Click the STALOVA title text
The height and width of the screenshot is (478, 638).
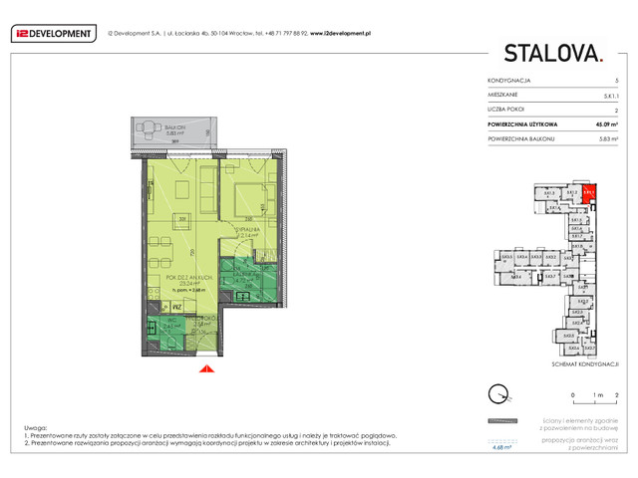pyautogui.click(x=552, y=54)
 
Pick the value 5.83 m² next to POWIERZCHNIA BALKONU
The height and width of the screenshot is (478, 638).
pyautogui.click(x=606, y=139)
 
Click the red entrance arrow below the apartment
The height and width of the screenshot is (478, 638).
pyautogui.click(x=206, y=369)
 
